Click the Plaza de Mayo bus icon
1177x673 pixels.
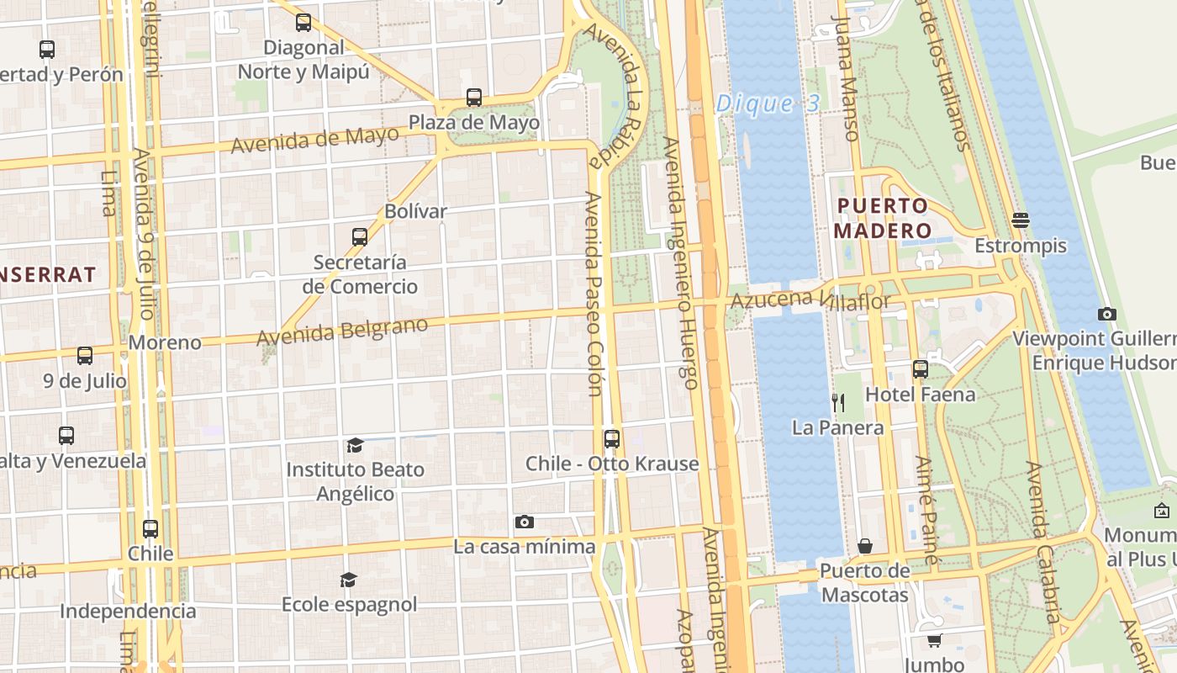pos(474,98)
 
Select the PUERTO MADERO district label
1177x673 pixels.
pos(883,218)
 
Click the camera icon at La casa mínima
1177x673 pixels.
pos(525,522)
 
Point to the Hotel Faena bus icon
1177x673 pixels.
pos(921,369)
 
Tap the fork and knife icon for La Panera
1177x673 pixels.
pos(838,403)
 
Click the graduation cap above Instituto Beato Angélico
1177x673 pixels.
pos(355,445)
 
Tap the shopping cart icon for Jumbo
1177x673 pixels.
pos(934,641)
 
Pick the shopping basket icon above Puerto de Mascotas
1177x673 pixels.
pos(864,547)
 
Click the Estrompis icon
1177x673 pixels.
pos(1021,220)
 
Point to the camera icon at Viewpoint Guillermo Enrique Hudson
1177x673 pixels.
pos(1107,315)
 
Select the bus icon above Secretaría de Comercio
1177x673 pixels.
pos(360,237)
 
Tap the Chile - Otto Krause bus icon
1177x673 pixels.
pos(612,439)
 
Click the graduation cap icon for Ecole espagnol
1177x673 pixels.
pos(348,580)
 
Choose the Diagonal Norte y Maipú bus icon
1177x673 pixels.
pos(303,24)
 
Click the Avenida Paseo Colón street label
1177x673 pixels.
pos(594,294)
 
